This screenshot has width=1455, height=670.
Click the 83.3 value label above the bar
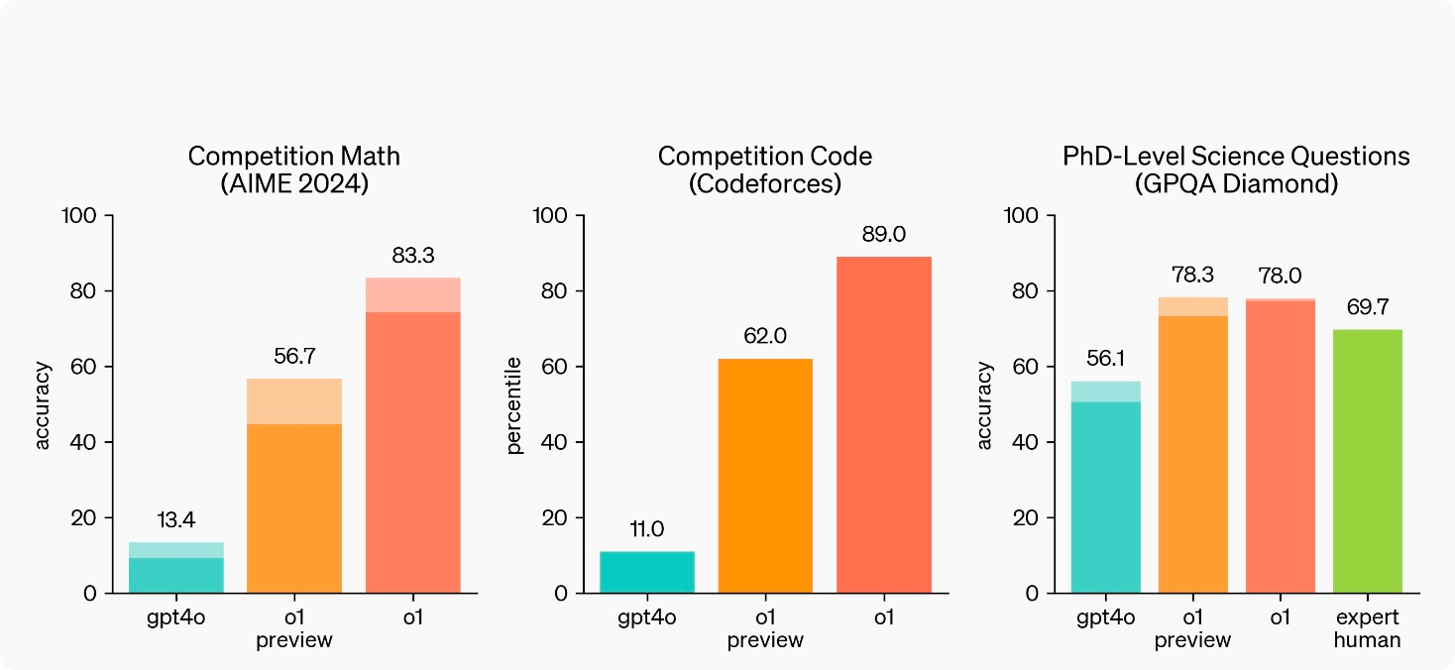pos(412,257)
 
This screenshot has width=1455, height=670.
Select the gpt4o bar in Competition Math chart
pos(177,570)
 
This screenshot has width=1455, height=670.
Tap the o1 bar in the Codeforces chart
pos(883,426)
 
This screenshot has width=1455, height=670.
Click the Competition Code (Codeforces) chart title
pos(765,170)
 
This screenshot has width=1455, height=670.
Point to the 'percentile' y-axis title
pos(514,405)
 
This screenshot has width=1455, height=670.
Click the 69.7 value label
pos(1367,308)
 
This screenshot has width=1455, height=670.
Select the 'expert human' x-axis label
pos(1367,628)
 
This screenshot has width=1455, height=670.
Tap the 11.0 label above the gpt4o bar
pos(647,530)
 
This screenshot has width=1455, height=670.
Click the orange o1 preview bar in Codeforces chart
pos(765,476)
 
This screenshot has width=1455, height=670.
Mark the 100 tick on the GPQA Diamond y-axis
pos(1024,215)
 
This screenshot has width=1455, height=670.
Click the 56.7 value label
pos(293,357)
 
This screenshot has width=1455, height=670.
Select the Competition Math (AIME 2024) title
pos(293,170)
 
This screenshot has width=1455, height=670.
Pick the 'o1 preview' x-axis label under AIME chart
pos(293,628)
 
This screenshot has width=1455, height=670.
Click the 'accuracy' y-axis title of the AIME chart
pos(43,405)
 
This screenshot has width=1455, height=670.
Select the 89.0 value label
pos(883,235)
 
